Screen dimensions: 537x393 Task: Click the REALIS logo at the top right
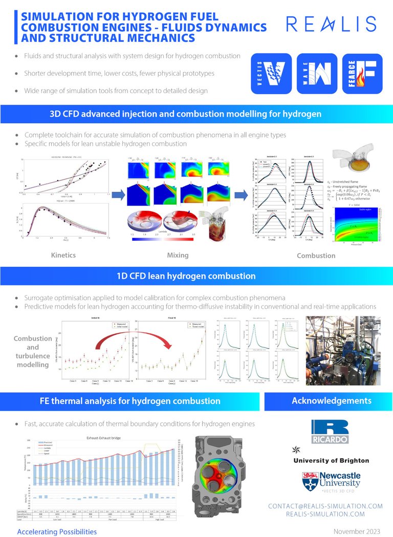331,24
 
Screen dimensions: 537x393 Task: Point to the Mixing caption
178,254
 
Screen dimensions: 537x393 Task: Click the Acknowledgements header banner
331,400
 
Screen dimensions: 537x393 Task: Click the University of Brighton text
331,460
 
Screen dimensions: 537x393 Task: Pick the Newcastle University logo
331,480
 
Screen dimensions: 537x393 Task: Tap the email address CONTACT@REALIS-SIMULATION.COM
325,506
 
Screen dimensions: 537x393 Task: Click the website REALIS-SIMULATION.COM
325,514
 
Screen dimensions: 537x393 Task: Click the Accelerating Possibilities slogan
57,531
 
